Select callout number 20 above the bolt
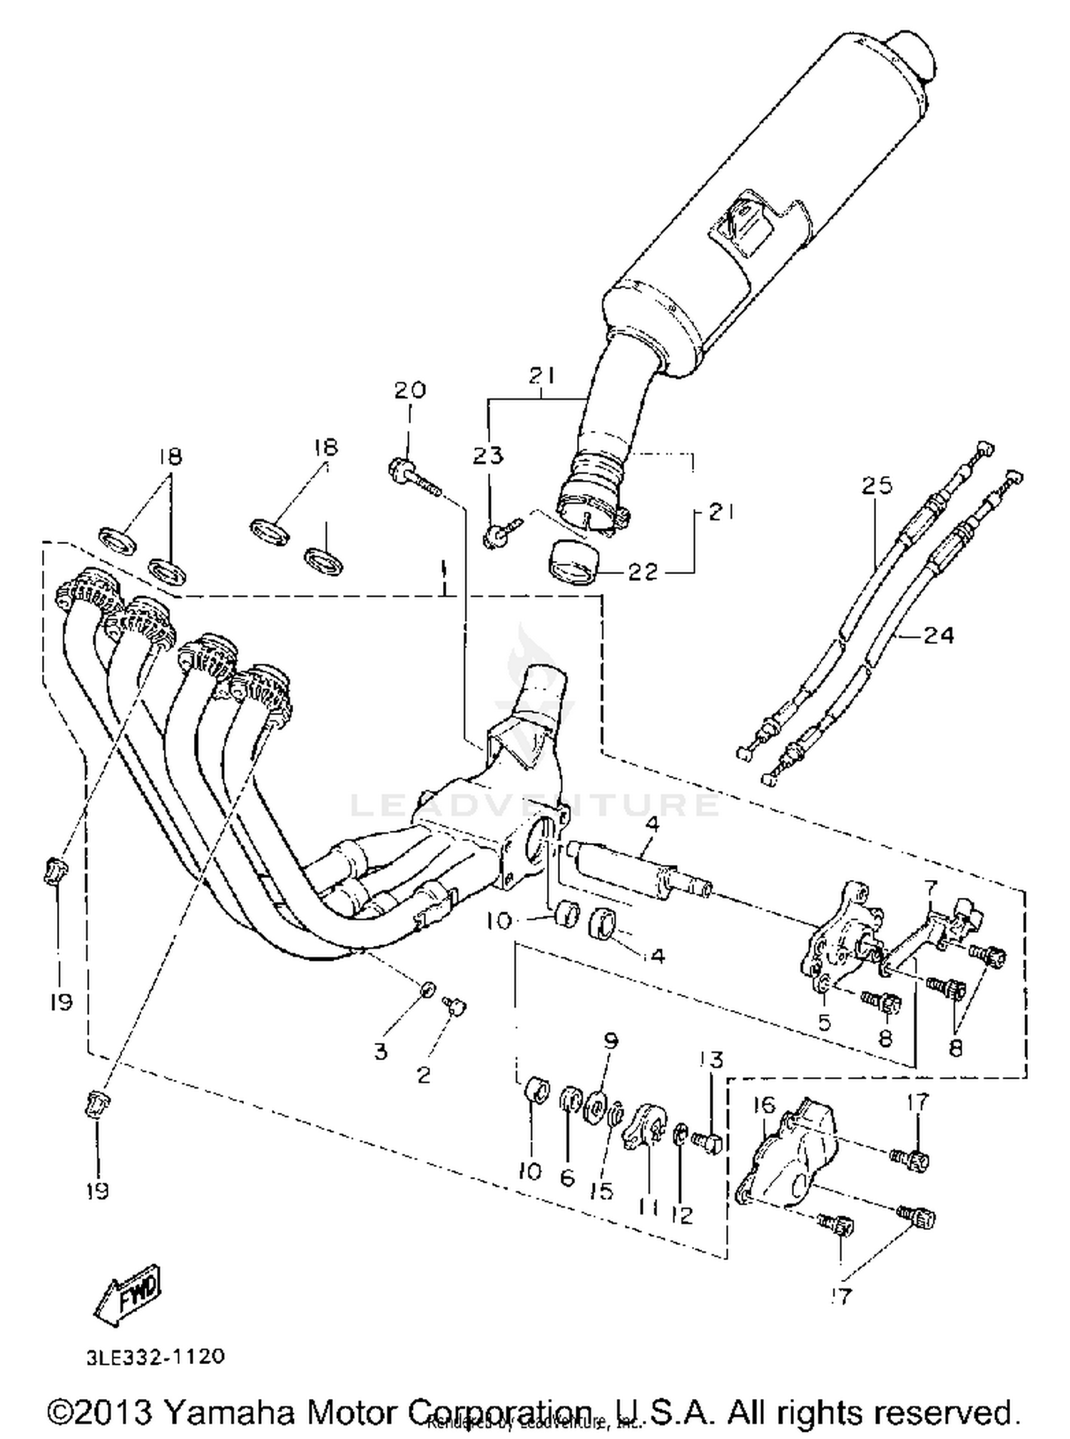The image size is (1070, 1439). click(409, 390)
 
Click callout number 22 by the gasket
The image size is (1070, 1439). click(642, 572)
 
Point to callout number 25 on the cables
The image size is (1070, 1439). click(877, 485)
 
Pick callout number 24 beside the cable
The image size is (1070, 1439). click(938, 635)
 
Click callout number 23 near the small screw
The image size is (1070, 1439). click(488, 455)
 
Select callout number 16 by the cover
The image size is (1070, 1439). click(763, 1106)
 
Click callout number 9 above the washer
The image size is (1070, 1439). click(611, 1041)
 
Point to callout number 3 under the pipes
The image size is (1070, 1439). click(380, 1051)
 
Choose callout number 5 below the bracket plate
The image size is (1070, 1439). click(825, 1022)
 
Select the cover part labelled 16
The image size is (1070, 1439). click(788, 1160)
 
